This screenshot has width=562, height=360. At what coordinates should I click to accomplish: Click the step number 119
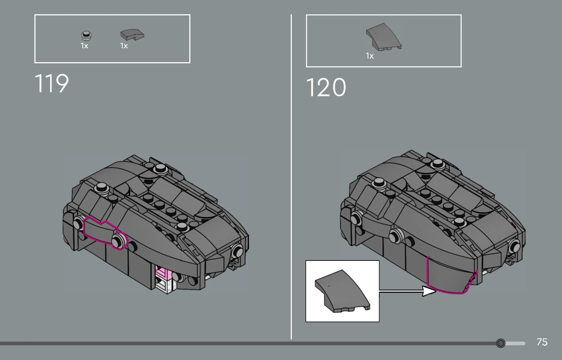click(52, 83)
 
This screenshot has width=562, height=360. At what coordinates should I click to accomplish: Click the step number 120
click(326, 87)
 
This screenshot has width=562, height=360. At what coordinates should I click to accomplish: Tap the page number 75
click(542, 342)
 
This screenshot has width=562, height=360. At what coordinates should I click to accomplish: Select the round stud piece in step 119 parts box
click(86, 35)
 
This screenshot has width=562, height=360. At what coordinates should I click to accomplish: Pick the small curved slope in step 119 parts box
click(132, 35)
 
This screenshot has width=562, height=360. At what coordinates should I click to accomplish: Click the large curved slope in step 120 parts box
click(383, 37)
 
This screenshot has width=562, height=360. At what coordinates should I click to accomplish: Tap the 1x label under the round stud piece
click(84, 46)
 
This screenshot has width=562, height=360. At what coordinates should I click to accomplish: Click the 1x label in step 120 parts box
click(370, 56)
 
